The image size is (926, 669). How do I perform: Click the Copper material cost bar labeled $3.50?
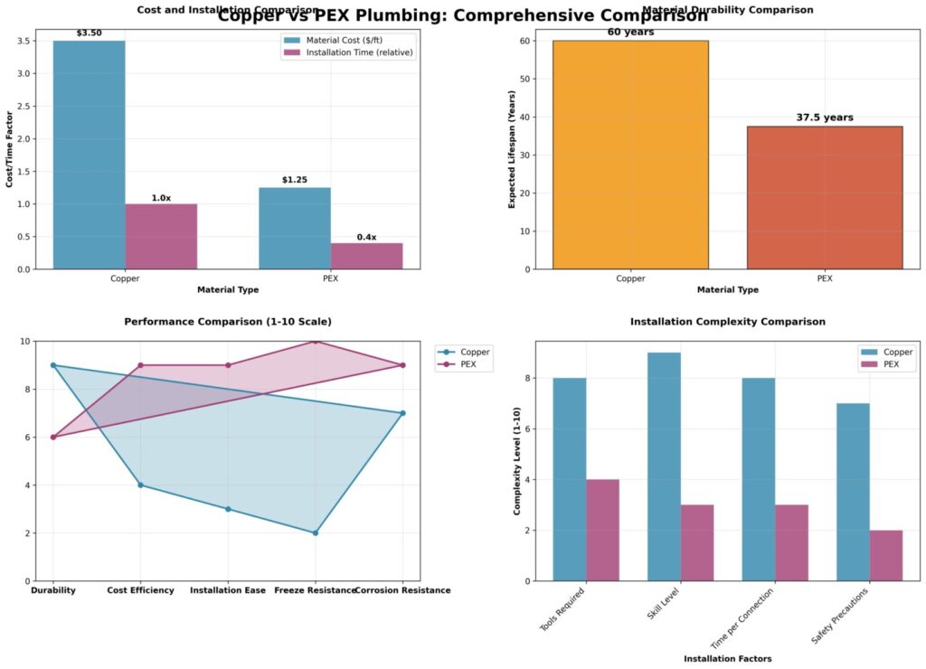pos(90,155)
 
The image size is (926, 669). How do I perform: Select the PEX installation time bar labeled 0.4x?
pos(366,256)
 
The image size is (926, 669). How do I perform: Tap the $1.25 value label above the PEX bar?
pos(294,180)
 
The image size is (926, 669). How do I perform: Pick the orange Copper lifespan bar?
pos(630,155)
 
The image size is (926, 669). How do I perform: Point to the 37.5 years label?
pos(824,118)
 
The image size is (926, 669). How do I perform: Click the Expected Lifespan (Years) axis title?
pos(512,155)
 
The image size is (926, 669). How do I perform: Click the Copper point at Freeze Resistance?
pos(316,532)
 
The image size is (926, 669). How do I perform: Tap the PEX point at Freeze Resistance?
pos(316,342)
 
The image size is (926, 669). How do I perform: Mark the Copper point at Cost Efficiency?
pos(140,485)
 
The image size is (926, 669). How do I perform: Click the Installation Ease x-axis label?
pos(228,590)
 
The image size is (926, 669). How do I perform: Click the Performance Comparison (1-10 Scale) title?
pos(228,322)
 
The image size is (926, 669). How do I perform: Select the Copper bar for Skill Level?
pos(664,466)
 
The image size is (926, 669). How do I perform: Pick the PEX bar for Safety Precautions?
pos(886,555)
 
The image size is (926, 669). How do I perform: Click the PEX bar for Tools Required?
pos(602,530)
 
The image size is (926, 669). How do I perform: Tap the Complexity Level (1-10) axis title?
pos(518,461)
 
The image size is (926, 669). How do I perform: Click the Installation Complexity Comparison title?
pos(728,322)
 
